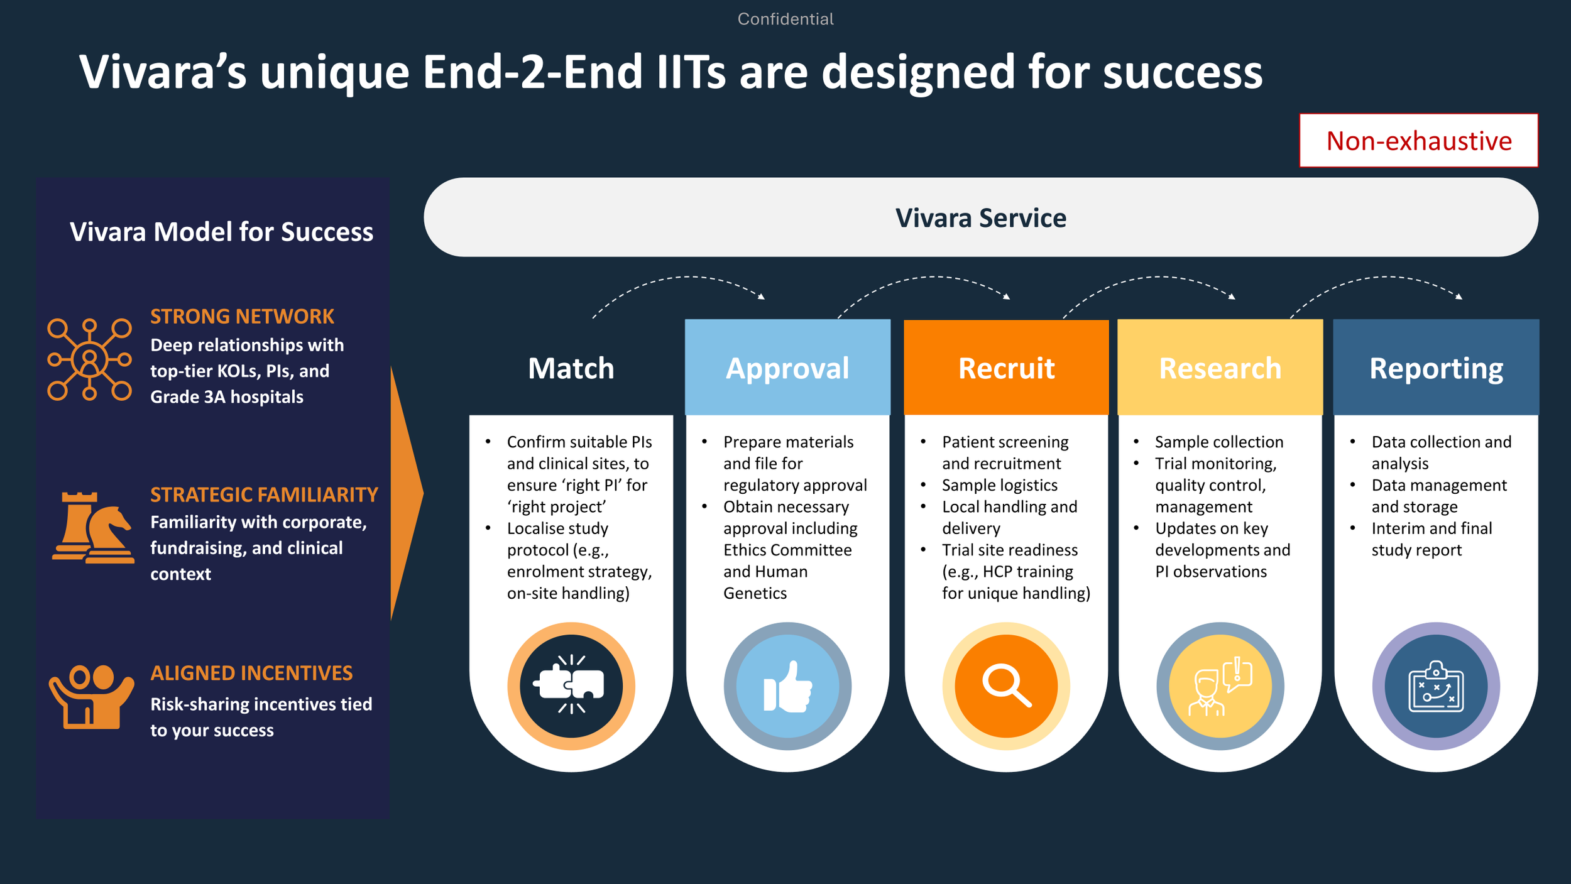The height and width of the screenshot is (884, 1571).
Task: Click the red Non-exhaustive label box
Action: coord(1418,140)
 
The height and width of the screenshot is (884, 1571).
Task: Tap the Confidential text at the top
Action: coord(785,19)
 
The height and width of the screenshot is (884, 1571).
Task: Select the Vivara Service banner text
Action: coord(980,218)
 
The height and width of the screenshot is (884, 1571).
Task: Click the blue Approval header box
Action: coord(787,367)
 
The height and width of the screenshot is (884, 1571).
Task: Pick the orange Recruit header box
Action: coord(1006,367)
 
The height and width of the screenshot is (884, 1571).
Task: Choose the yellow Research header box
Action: coord(1220,367)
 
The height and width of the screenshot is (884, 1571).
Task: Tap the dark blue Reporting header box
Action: coord(1436,367)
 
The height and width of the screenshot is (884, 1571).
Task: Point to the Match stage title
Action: coord(571,368)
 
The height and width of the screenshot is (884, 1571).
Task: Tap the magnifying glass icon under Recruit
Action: coord(1007,685)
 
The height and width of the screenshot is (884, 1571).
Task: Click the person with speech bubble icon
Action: coord(1220,687)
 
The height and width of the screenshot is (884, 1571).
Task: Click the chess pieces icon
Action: coord(93,528)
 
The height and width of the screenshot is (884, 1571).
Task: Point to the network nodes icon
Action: coord(89,359)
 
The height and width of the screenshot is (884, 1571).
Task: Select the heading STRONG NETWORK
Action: coord(242,316)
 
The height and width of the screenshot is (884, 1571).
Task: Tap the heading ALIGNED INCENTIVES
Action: coord(251,673)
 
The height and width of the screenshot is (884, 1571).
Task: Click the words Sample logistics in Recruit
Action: coord(999,485)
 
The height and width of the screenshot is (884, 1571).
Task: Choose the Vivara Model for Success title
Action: coord(221,232)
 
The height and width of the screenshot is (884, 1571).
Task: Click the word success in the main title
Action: coord(1183,72)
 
